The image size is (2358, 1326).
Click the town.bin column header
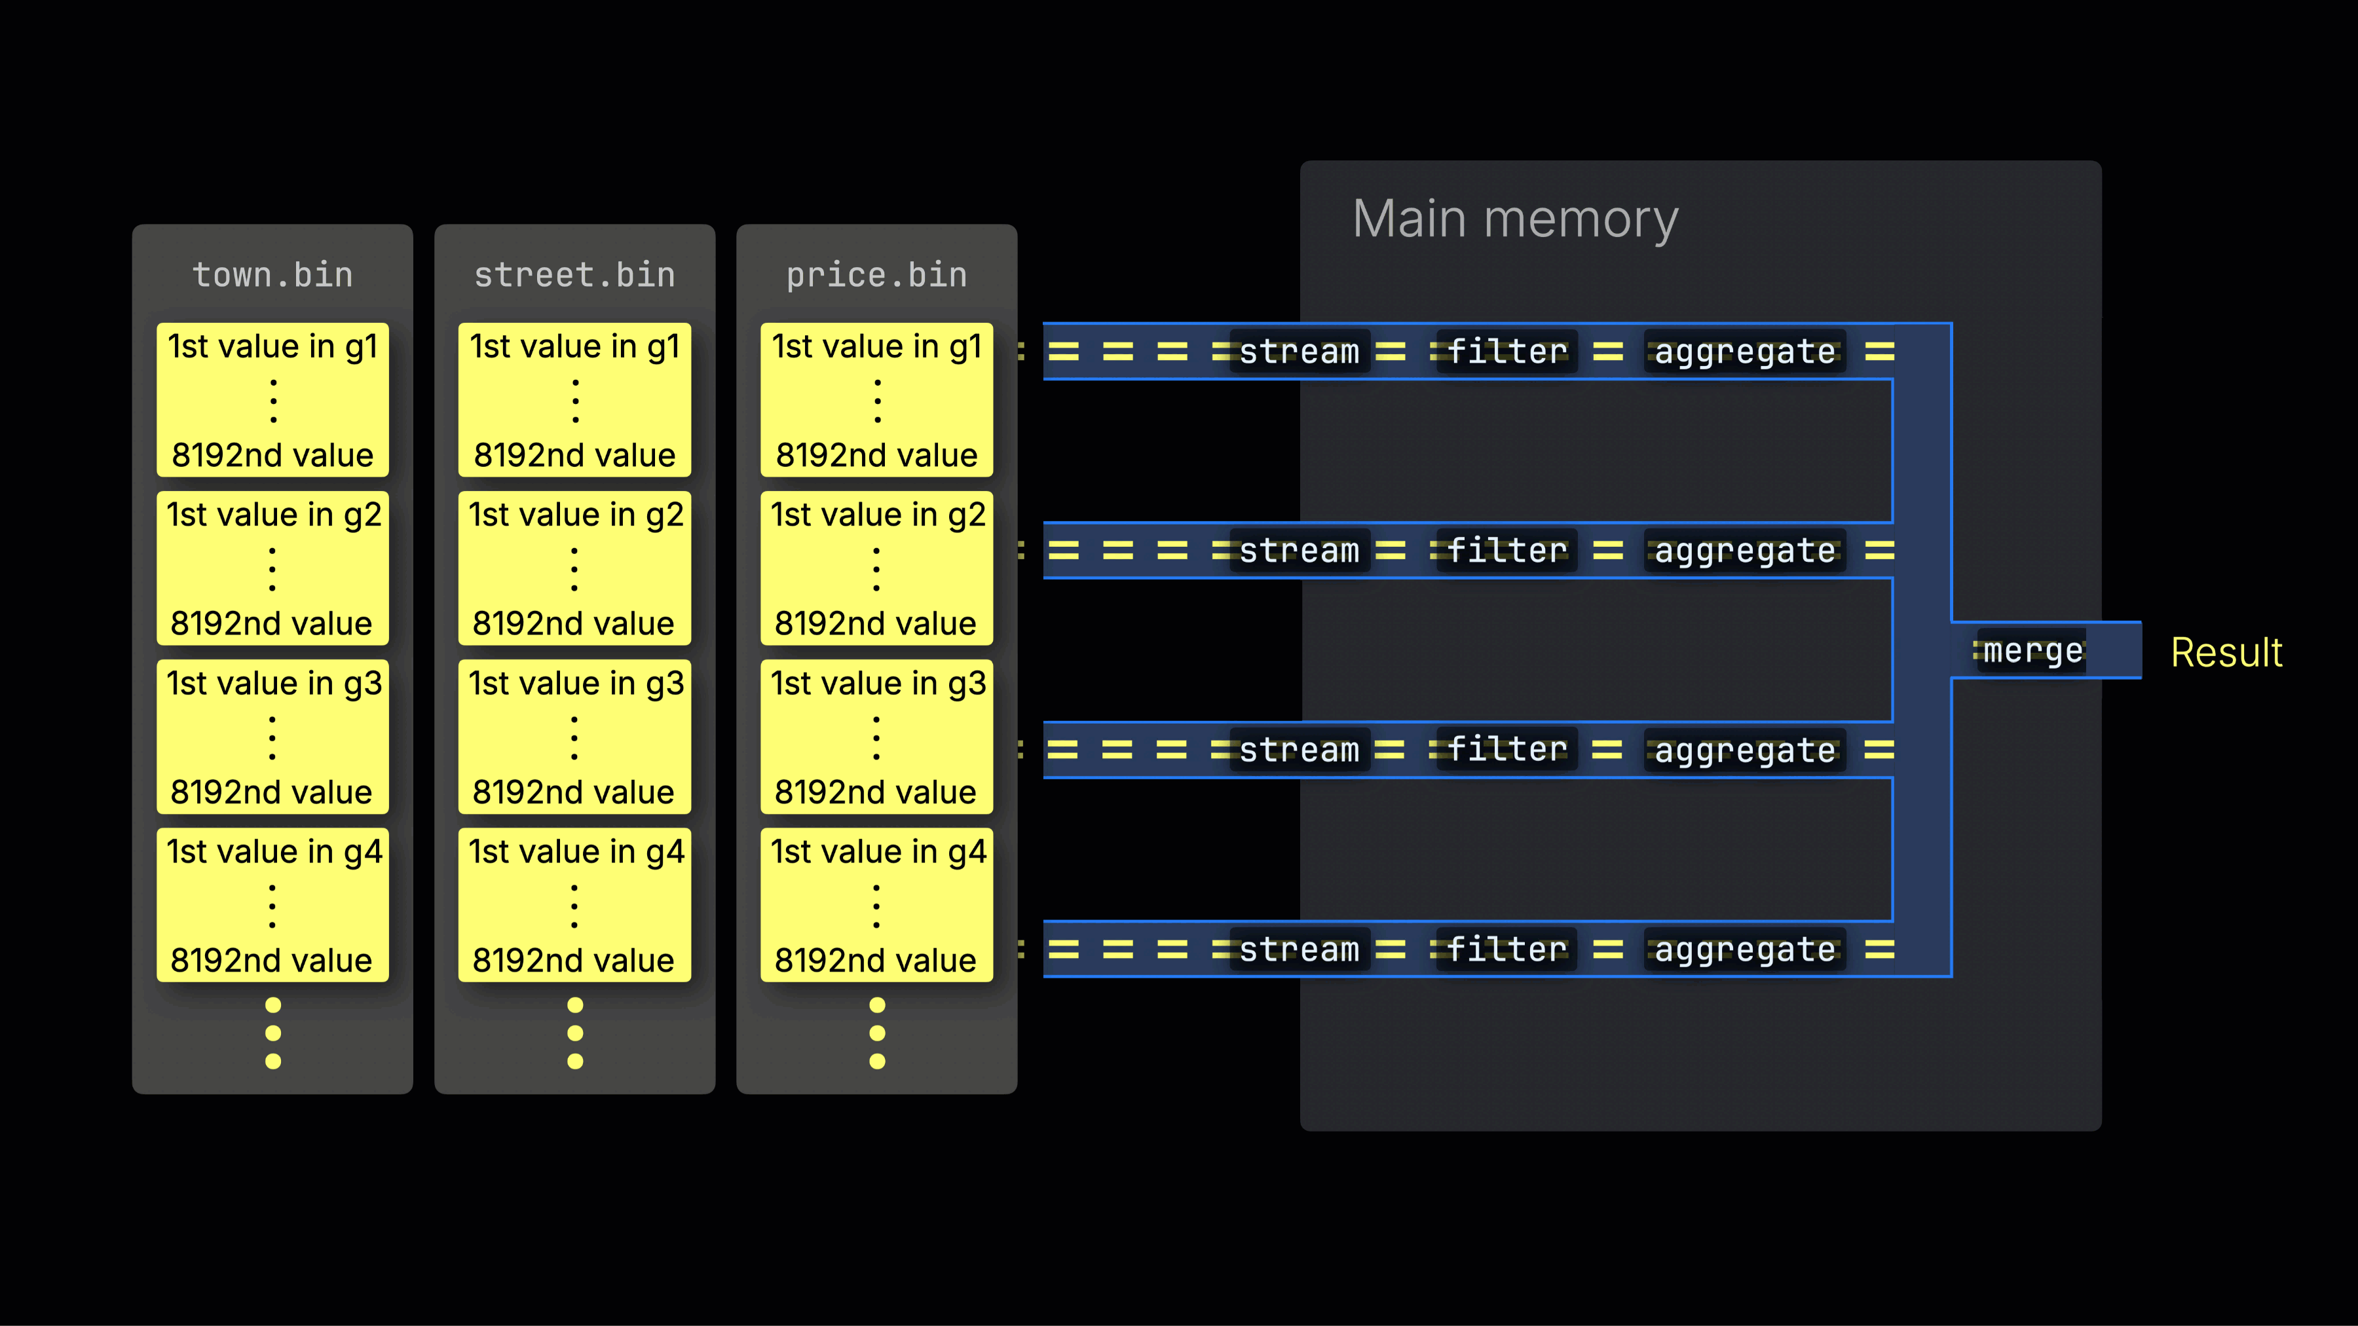(x=272, y=274)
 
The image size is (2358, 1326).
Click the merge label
(x=2032, y=651)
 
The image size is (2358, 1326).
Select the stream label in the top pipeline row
(x=1299, y=352)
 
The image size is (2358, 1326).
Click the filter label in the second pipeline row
(x=1506, y=551)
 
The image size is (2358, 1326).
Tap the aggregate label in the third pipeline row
(x=1745, y=750)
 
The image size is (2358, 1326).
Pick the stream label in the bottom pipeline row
(x=1299, y=950)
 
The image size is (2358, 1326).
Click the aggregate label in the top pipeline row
(x=1745, y=352)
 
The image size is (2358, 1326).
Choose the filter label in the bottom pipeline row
(x=1506, y=950)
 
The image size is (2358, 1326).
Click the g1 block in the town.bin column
(x=272, y=400)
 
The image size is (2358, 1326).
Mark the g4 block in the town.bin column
(x=272, y=905)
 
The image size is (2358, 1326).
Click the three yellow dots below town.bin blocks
(x=272, y=1033)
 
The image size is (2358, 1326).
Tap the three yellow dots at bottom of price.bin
(x=877, y=1033)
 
